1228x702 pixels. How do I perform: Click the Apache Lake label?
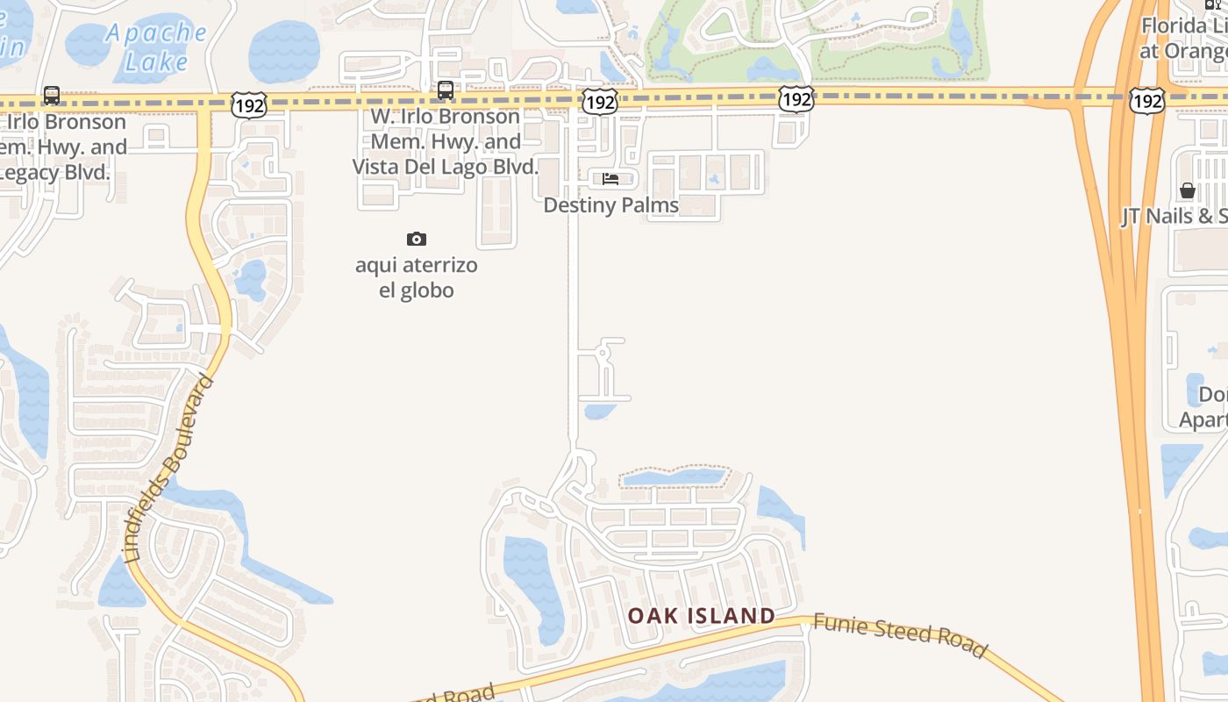(157, 47)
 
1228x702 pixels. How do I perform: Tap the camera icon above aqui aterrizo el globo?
(417, 239)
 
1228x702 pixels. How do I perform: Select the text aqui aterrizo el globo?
(417, 277)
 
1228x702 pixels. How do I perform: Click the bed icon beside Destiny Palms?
(610, 179)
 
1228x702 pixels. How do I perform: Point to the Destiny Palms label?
(611, 205)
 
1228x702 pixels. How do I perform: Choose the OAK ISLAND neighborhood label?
(701, 616)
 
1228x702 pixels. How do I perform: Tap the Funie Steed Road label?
(900, 635)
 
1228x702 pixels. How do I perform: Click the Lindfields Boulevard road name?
(168, 469)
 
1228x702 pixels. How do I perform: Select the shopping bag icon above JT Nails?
(1188, 190)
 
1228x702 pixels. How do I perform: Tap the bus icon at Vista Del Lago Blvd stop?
(446, 90)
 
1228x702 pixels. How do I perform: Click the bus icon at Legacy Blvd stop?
(52, 95)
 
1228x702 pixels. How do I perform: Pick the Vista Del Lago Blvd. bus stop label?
(446, 141)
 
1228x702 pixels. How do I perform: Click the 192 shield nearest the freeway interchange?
(1146, 101)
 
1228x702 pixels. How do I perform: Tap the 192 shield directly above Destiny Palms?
(600, 102)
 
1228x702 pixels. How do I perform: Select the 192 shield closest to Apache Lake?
(249, 106)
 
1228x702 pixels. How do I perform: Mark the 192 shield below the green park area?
(796, 99)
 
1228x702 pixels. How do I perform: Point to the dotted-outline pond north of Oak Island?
(674, 477)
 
